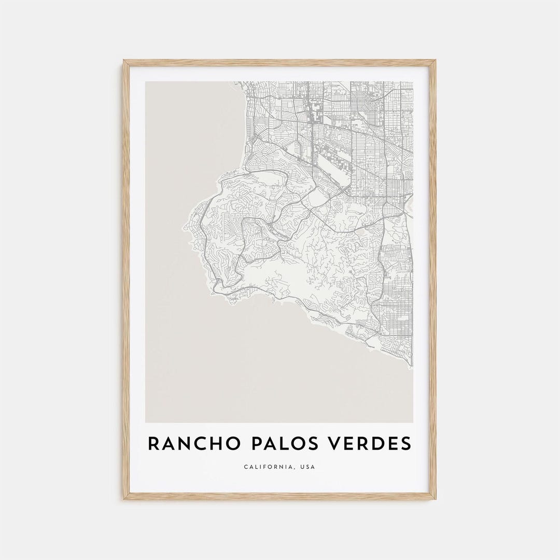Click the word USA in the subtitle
[307, 467]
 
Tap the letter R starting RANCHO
[154, 444]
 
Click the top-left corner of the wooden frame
[124, 61]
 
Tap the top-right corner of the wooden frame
[436, 61]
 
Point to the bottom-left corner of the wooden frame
[124, 499]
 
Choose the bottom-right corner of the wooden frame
[436, 499]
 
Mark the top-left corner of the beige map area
[146, 82]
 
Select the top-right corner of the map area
[413, 82]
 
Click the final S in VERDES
[405, 444]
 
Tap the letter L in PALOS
[278, 444]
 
